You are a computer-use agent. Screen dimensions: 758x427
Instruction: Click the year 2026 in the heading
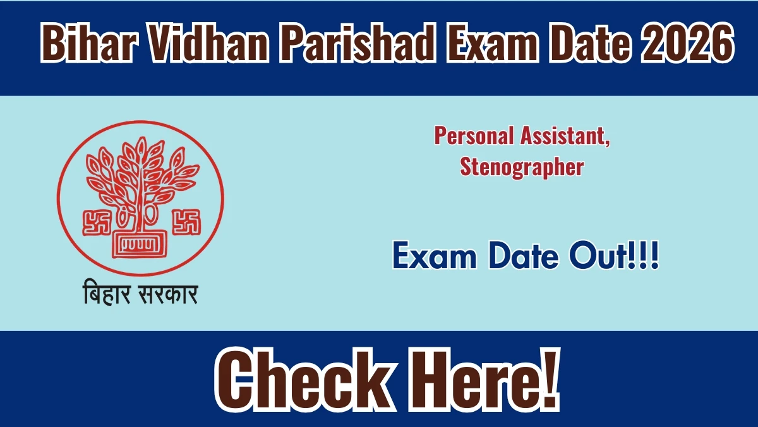pos(688,43)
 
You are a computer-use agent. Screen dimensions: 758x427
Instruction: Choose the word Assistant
pos(565,136)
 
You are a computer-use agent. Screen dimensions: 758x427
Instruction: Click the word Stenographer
pos(522,167)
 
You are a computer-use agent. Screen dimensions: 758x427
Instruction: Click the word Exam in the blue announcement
pos(435,256)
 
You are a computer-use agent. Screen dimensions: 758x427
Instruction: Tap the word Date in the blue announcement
pos(523,256)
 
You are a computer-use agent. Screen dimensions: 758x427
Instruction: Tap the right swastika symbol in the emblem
pos(186,222)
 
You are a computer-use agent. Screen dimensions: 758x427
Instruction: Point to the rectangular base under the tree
pos(140,245)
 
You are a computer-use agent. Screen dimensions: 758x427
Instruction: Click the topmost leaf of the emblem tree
pos(141,145)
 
